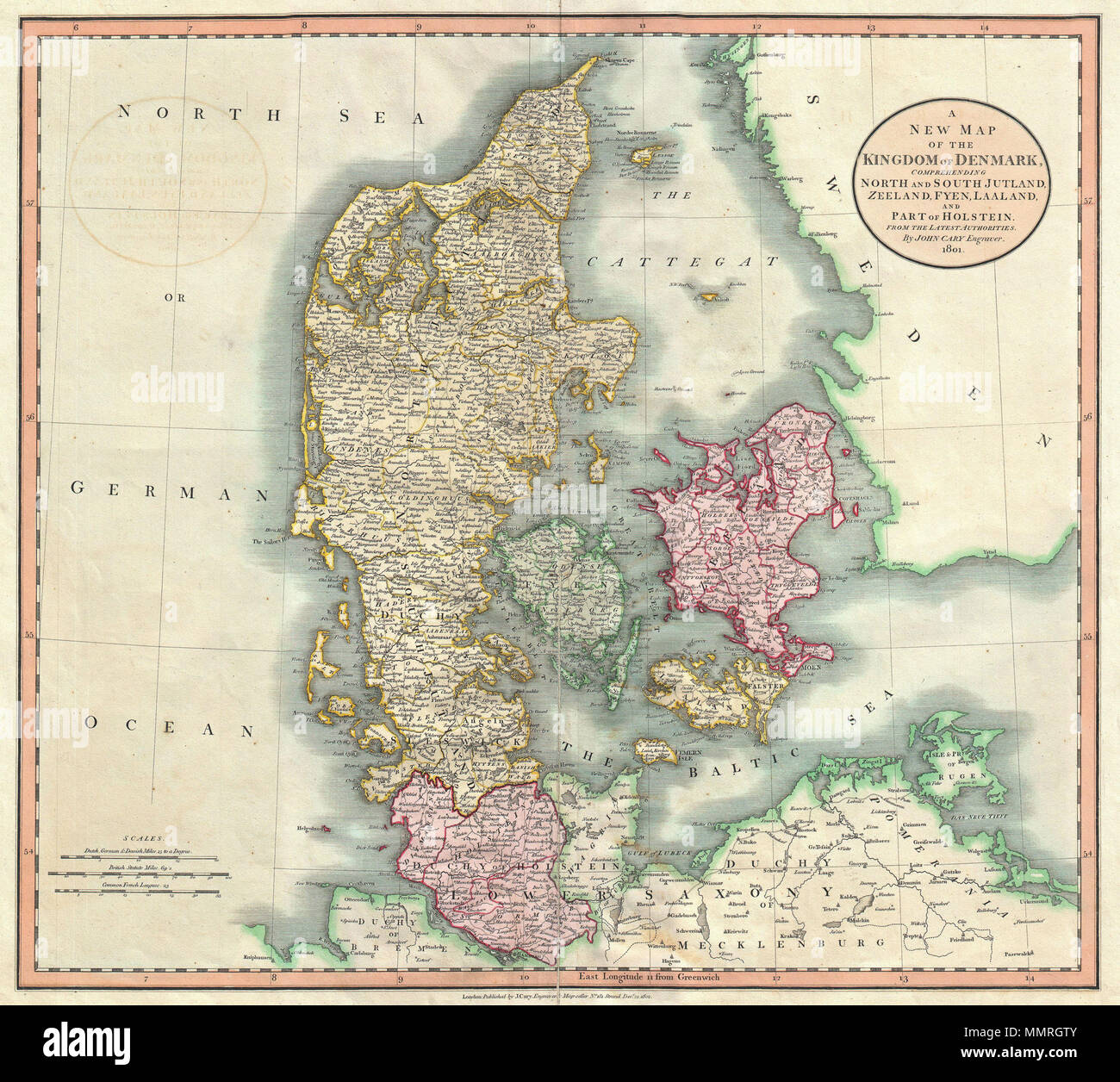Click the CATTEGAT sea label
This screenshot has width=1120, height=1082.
(x=681, y=259)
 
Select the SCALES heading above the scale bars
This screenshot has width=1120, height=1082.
(x=136, y=838)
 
